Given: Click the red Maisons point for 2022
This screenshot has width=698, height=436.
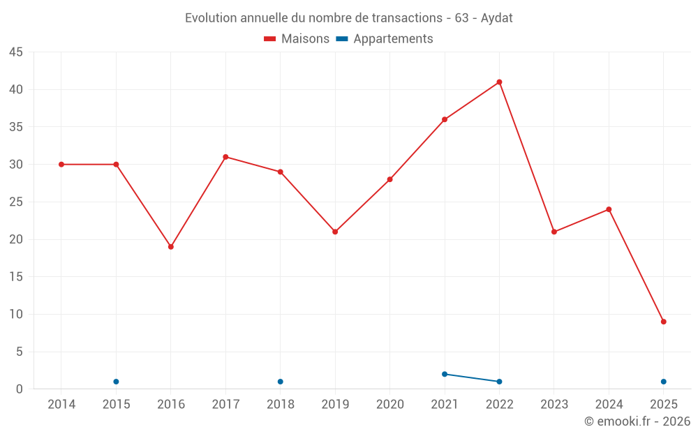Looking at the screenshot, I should tap(499, 82).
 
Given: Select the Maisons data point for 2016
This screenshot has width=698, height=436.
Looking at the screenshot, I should tap(171, 247).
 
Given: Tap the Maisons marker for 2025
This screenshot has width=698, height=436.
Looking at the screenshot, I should tap(664, 322).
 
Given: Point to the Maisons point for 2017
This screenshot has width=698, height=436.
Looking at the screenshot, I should tap(225, 157).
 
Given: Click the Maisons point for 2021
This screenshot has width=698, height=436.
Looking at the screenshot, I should tap(445, 119).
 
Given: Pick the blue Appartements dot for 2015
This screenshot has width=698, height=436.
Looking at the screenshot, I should tap(116, 382).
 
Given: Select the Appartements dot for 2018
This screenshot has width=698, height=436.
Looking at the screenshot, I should tap(281, 382).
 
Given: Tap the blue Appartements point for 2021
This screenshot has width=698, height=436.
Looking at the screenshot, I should tap(445, 374).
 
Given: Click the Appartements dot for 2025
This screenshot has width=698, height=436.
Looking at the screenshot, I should tap(664, 382).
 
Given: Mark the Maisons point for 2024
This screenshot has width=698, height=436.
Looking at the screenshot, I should tap(609, 209).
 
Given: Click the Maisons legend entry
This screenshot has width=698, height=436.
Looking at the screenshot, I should tap(297, 39).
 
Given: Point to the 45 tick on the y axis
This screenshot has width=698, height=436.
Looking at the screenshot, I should tap(16, 52).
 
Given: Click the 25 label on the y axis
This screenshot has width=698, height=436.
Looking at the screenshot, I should tap(16, 202).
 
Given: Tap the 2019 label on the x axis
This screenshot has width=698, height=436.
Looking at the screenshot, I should tap(335, 404).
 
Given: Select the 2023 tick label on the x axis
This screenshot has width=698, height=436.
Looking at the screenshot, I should tap(554, 404).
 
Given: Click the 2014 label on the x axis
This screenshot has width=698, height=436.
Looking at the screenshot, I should tap(61, 404).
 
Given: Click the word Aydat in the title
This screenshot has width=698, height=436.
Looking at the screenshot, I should tap(497, 18).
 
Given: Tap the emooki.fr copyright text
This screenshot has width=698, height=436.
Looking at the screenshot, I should tap(637, 421).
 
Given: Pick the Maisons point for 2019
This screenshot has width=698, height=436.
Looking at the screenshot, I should tap(335, 232).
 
